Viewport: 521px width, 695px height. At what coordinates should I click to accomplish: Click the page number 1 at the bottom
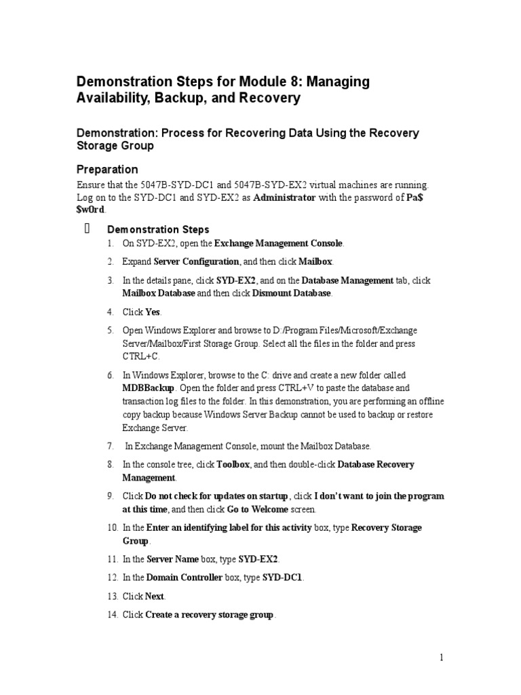(x=441, y=657)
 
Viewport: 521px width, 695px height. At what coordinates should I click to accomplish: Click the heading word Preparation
(x=107, y=169)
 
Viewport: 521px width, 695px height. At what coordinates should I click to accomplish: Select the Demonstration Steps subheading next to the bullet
(x=158, y=229)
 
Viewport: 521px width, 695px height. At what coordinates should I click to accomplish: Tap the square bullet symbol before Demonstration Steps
(x=86, y=229)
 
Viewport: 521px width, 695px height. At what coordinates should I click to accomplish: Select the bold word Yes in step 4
(x=153, y=312)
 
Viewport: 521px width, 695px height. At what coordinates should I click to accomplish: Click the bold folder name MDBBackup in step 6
(x=148, y=388)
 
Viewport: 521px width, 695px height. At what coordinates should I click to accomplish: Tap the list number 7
(x=110, y=446)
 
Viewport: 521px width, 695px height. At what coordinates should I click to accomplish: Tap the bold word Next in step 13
(x=155, y=596)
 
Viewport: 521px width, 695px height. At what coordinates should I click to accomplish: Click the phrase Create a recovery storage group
(x=210, y=614)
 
